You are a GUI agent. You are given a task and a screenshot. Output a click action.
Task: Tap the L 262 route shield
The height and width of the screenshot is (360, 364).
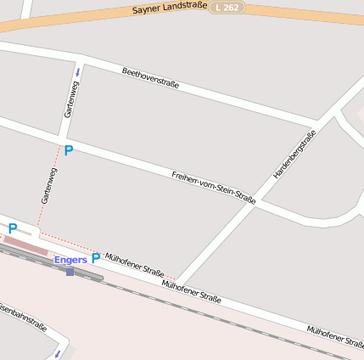tap(227, 7)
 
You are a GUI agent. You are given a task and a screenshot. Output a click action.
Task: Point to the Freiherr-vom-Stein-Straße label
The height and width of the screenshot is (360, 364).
tap(213, 187)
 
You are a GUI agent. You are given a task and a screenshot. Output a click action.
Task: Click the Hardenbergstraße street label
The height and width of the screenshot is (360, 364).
tap(294, 154)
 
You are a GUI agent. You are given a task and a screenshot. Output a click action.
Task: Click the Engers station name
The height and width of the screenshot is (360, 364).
tap(70, 259)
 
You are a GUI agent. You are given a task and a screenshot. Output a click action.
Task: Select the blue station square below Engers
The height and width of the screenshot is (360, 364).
tap(70, 272)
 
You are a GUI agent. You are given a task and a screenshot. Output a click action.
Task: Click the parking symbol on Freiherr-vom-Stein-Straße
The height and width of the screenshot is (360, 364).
tap(69, 150)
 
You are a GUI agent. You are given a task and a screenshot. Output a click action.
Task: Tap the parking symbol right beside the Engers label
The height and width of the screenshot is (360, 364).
tap(96, 257)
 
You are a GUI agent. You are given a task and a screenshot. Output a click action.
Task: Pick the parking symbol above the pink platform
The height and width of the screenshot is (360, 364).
tap(13, 228)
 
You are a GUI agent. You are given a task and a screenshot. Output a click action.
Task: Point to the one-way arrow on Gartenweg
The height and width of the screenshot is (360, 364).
tap(77, 72)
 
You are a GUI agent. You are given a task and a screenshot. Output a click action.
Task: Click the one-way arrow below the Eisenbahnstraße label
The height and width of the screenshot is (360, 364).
tap(58, 352)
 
